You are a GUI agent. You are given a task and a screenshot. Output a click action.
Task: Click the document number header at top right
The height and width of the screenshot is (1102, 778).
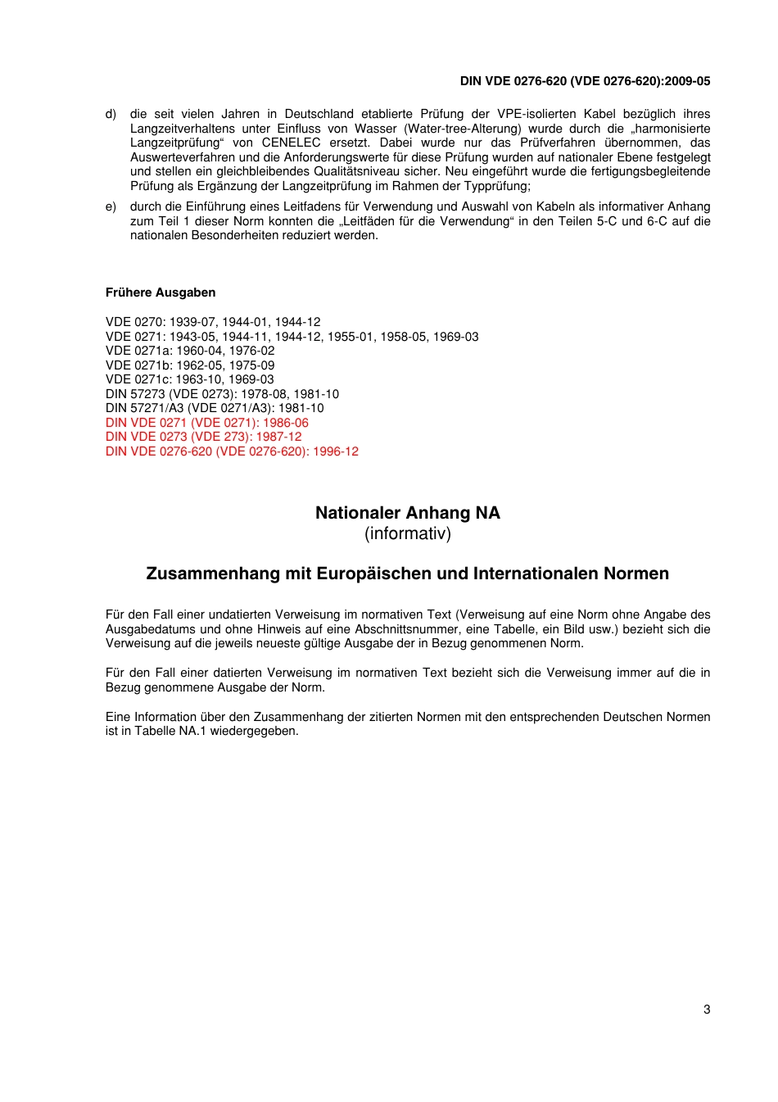coord(585,81)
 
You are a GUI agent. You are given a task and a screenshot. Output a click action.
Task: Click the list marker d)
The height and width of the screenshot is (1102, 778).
coord(111,115)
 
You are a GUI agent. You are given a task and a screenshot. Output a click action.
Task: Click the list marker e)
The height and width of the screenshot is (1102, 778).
coord(111,207)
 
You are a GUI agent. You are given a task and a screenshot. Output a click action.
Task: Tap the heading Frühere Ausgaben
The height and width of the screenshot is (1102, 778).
coord(161,293)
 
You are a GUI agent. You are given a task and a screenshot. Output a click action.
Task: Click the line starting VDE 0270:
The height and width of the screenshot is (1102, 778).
coord(213,322)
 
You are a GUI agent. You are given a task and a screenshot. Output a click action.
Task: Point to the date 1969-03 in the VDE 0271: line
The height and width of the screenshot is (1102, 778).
coord(456,337)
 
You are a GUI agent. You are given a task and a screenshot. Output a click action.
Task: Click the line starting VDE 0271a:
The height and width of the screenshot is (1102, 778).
coord(190,351)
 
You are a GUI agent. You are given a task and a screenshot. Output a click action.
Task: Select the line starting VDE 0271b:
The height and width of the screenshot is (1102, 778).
coord(190,365)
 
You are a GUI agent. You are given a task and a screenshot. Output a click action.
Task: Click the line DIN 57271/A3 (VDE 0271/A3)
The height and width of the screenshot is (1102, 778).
coord(215,408)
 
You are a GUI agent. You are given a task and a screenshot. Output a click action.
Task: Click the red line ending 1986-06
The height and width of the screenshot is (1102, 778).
coord(207,423)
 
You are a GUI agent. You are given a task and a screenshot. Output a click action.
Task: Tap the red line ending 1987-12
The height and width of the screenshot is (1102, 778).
coord(204,437)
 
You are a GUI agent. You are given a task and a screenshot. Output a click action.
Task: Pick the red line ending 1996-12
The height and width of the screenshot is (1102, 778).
coord(232,451)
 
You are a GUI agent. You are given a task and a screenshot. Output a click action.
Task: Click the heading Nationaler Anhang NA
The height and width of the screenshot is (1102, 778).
coord(407,513)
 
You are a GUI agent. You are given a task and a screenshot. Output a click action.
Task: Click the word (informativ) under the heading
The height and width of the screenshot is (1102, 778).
coord(407,534)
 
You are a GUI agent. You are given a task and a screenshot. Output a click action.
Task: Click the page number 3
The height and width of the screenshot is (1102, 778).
coord(707,1009)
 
